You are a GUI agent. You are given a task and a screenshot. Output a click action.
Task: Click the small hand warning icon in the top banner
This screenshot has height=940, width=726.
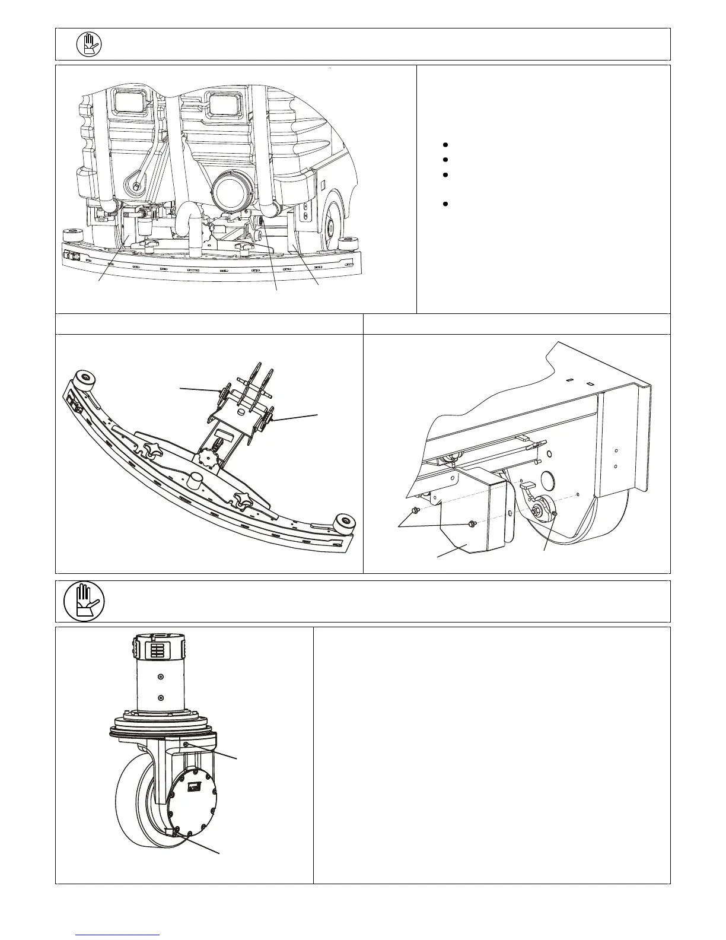89,44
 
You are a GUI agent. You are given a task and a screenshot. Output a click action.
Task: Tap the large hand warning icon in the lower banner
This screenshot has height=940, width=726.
84,601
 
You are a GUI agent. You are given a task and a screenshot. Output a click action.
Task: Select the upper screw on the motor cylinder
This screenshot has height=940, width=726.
161,677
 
